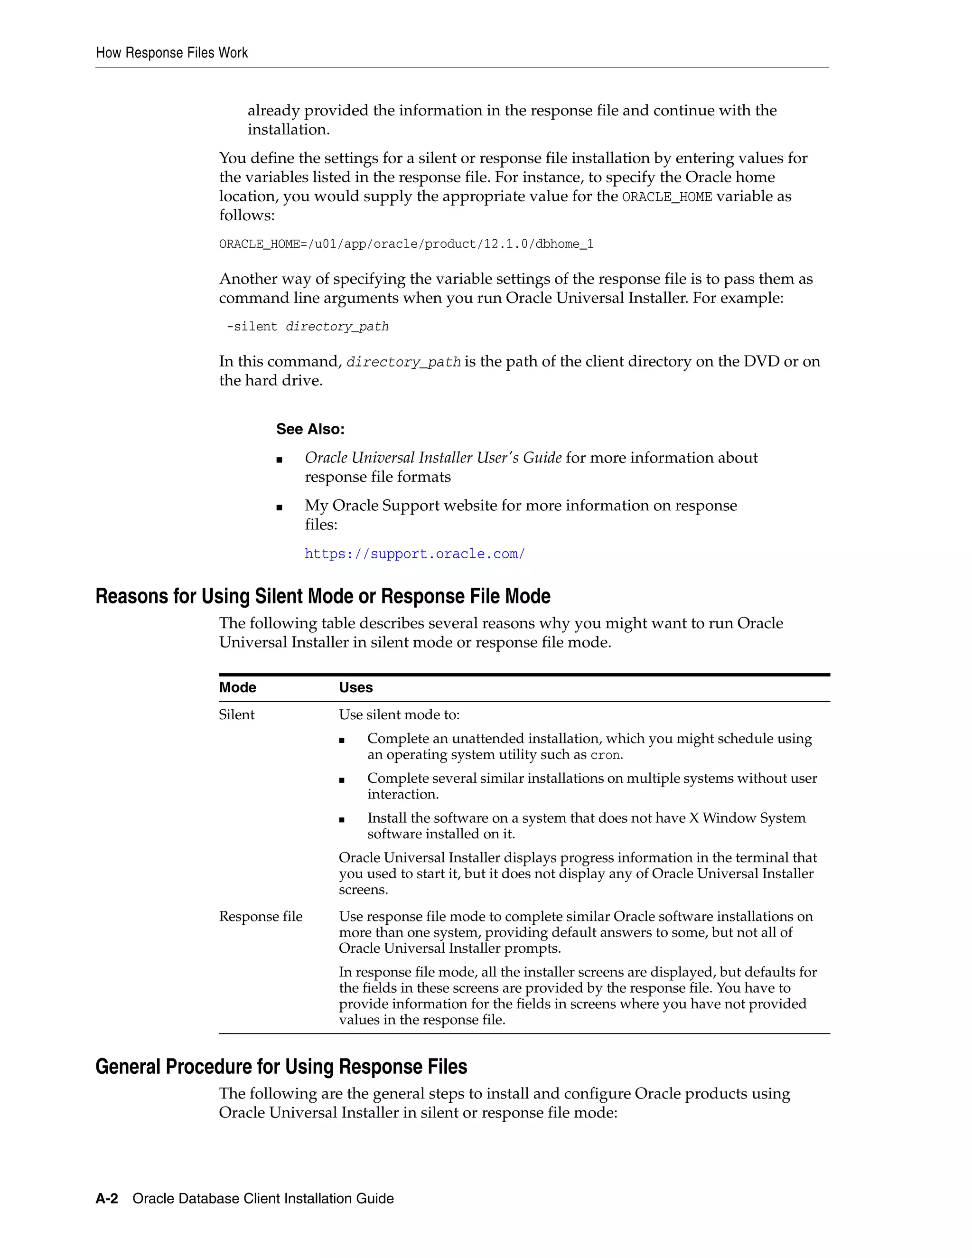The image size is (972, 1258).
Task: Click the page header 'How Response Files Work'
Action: [x=172, y=53]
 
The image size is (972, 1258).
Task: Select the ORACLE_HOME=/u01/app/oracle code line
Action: [x=406, y=244]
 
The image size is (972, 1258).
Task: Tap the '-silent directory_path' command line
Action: [x=308, y=327]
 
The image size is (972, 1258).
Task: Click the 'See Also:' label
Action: [x=310, y=429]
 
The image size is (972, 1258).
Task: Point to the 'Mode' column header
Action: [x=237, y=688]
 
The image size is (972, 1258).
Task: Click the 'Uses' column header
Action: [x=355, y=688]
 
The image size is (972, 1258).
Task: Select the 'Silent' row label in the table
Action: [x=236, y=715]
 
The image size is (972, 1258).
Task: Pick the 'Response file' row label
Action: [x=260, y=916]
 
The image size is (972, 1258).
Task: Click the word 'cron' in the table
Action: [x=605, y=755]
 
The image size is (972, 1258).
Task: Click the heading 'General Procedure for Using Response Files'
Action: [x=281, y=1067]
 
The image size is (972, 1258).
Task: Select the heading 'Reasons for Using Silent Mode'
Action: [x=322, y=596]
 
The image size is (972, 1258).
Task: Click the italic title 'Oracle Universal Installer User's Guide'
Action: [x=433, y=458]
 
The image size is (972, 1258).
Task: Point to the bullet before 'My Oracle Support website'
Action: [x=279, y=507]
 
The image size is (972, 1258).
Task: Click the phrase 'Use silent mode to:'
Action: [x=399, y=715]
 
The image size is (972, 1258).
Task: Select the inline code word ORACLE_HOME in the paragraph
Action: [x=667, y=197]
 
